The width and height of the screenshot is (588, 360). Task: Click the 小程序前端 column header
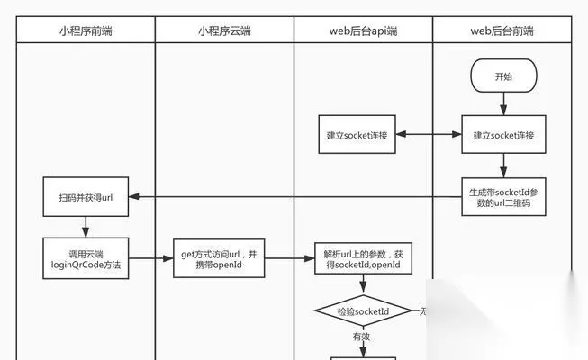[86, 31]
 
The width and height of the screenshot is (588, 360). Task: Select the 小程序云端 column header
[224, 31]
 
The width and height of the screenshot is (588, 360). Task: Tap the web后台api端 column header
[363, 31]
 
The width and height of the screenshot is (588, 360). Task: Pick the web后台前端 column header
[502, 31]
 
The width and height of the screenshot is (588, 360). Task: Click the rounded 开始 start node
[503, 77]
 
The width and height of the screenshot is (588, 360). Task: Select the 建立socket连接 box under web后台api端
[357, 136]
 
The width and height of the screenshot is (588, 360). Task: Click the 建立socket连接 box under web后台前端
[503, 136]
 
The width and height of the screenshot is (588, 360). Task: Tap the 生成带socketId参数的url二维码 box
[503, 195]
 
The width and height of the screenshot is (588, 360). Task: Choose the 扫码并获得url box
[86, 196]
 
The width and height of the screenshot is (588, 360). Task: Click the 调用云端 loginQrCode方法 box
[86, 257]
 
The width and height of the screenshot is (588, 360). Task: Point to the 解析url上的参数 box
[363, 258]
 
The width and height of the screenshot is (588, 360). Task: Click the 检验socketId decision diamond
[363, 311]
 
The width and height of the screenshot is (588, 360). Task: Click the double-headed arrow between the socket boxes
[429, 136]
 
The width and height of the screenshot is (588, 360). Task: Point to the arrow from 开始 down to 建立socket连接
[503, 105]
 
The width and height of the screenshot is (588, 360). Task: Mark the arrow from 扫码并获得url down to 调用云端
[86, 226]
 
